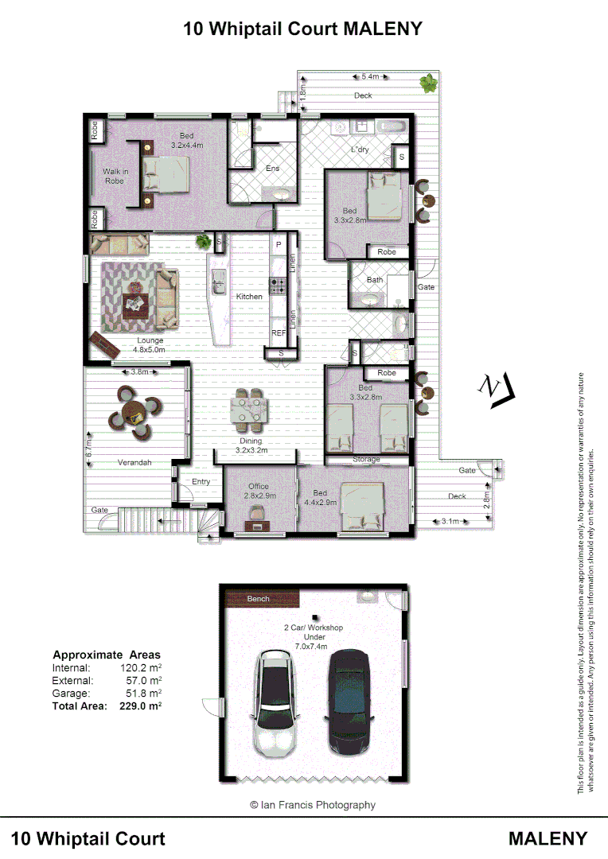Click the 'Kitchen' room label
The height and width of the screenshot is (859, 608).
pos(249,297)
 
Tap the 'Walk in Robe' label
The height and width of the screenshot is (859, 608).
pos(115,177)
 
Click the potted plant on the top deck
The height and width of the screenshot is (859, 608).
pos(429,82)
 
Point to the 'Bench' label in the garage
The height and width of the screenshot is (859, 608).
pos(258,599)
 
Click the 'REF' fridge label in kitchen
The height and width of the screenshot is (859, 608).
pos(279,333)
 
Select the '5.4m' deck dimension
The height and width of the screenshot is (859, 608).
pos(370,77)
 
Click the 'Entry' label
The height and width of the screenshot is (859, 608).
pos(201,482)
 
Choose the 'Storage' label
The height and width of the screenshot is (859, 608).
pos(366,460)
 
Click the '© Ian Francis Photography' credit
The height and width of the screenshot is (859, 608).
pos(312,805)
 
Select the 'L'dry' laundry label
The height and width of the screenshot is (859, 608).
pos(361,150)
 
